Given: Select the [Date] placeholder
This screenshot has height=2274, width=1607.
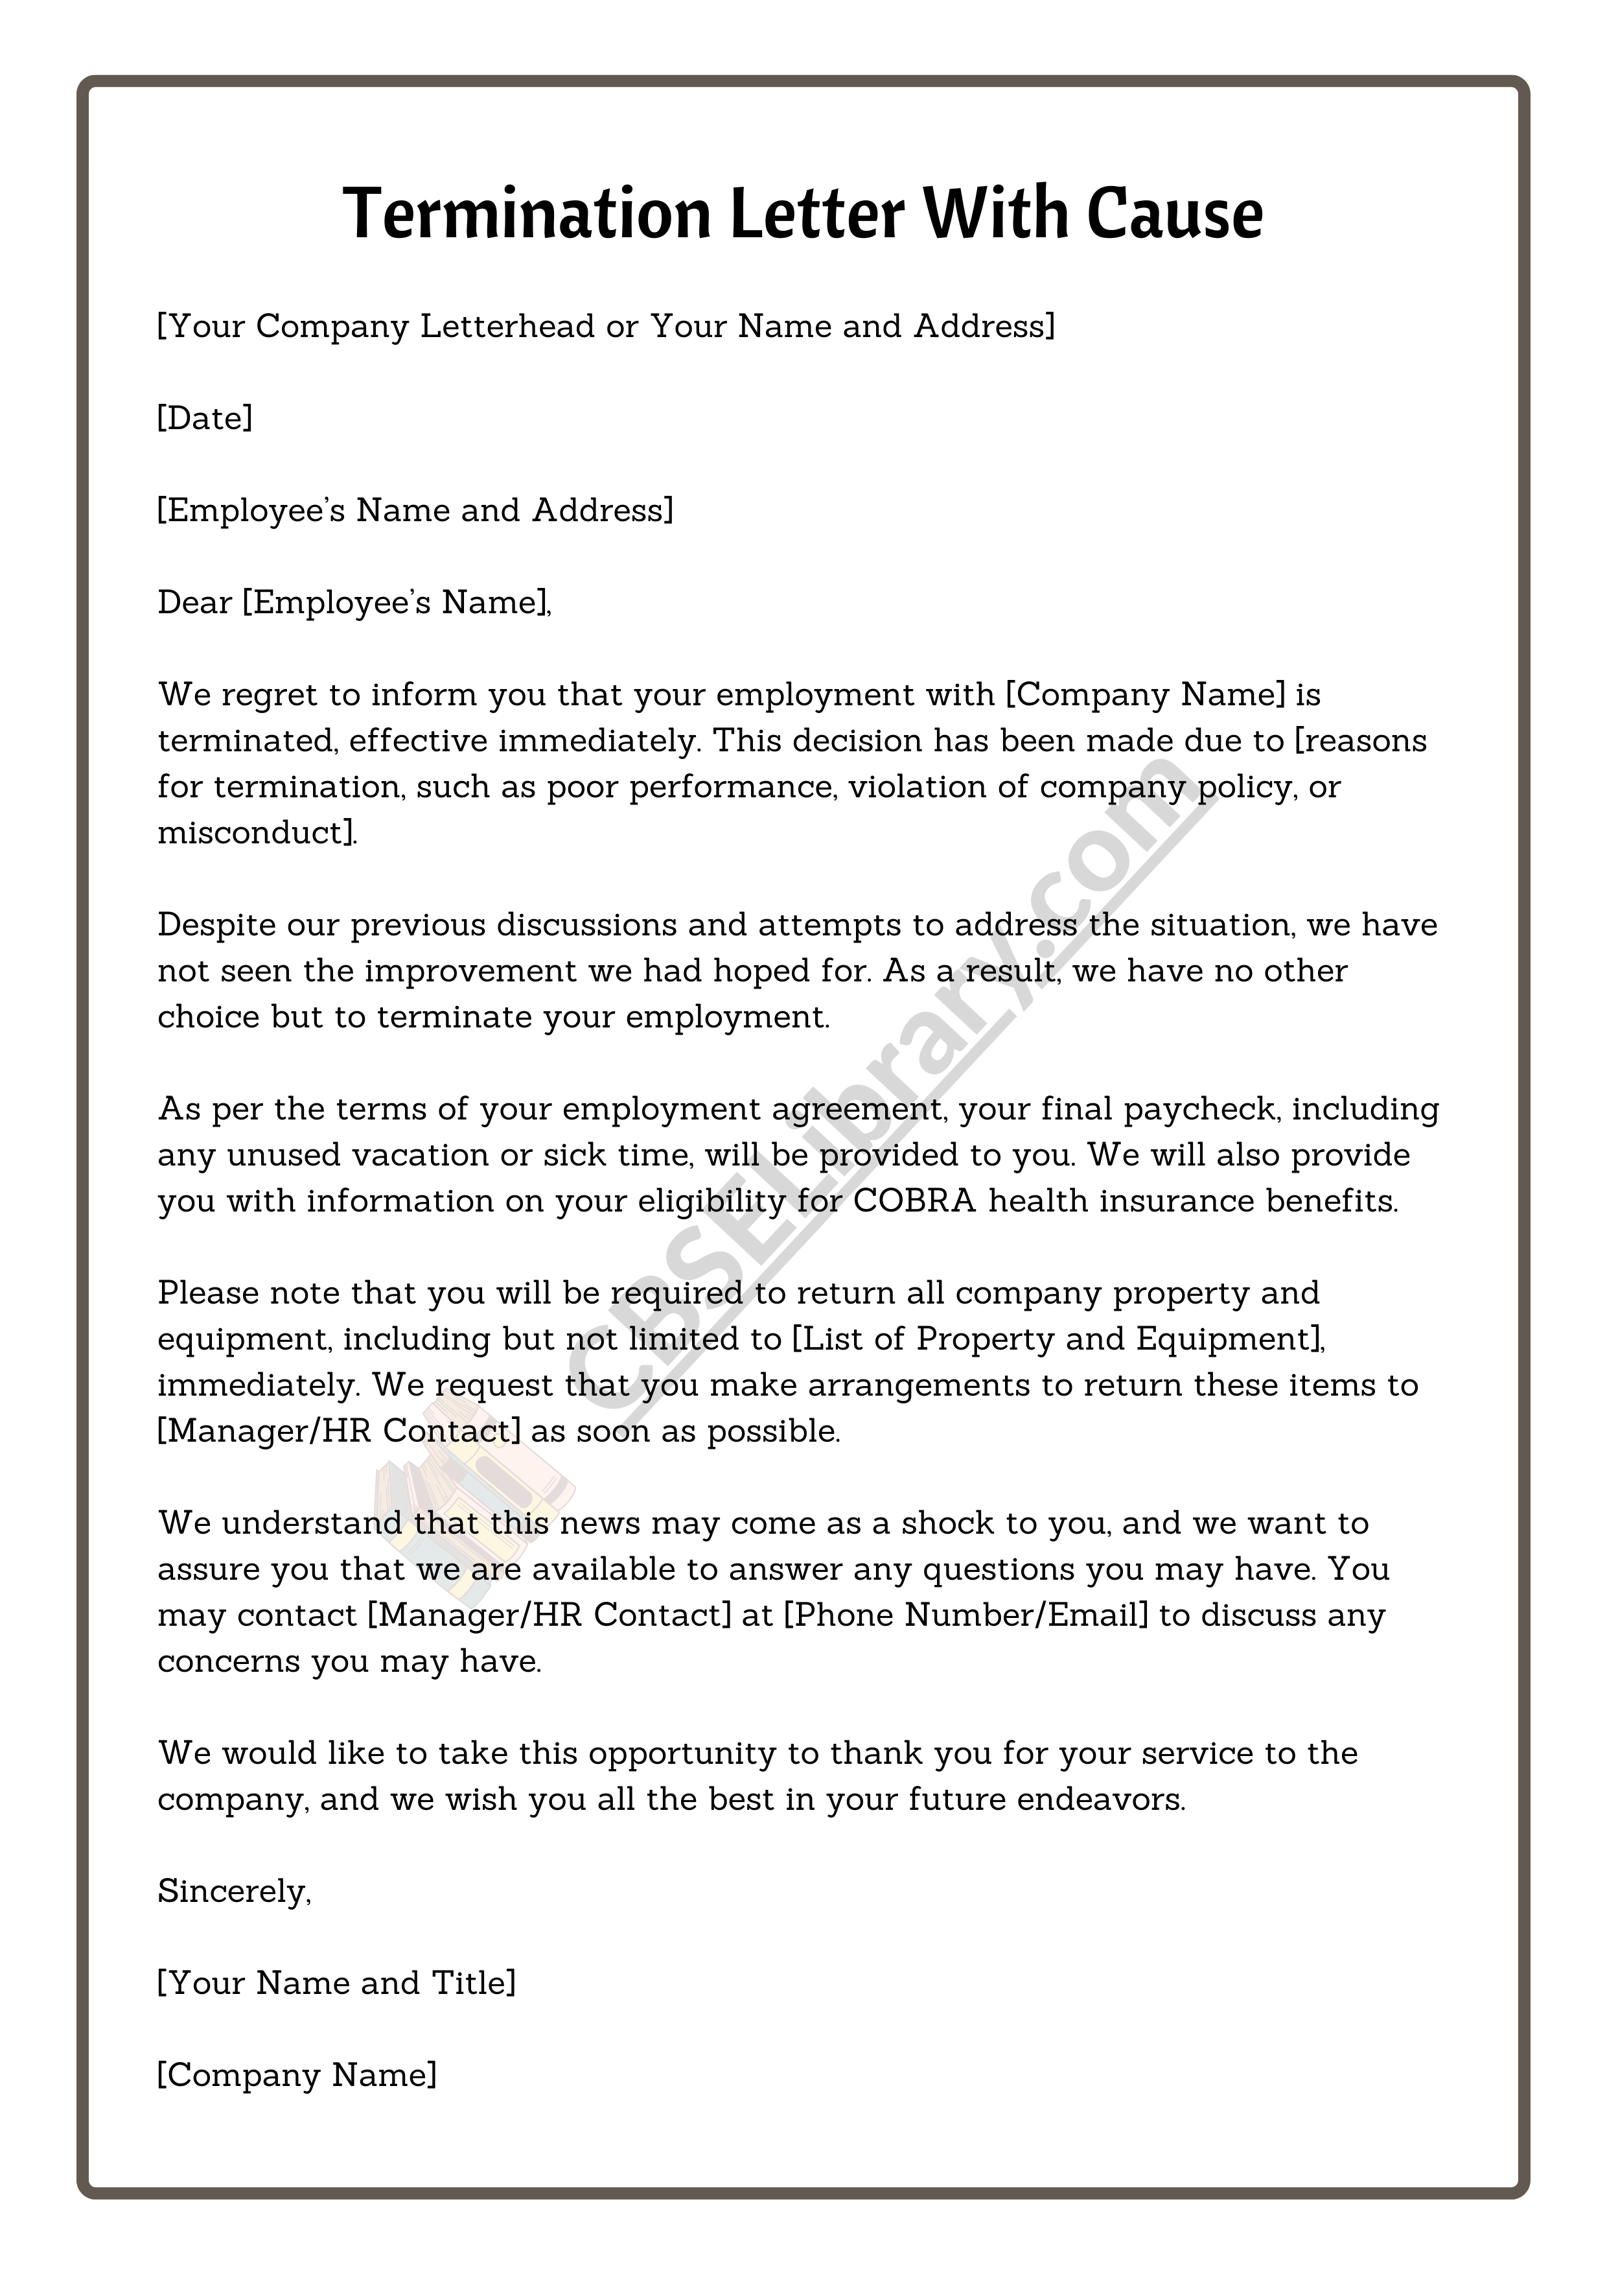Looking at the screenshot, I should click(x=205, y=418).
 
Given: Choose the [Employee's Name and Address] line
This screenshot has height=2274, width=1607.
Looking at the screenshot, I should click(x=415, y=510).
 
